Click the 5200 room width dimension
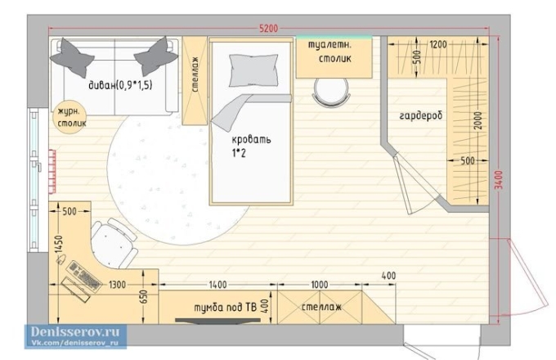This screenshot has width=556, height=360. (268, 28)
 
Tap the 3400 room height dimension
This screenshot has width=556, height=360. (499, 180)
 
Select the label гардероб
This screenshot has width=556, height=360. (421, 116)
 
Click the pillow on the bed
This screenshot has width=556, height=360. (253, 70)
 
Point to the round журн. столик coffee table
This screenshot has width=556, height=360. (71, 118)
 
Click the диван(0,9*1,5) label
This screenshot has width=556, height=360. (120, 85)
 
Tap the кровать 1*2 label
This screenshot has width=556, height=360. (251, 146)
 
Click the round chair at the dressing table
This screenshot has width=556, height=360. (331, 92)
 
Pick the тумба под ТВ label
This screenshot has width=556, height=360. (225, 307)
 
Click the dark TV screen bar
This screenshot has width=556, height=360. (217, 321)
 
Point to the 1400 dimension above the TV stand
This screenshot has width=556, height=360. (217, 285)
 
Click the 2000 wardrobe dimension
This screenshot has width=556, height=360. (478, 120)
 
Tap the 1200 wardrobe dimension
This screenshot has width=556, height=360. (438, 44)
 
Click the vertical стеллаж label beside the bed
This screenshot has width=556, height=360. (195, 74)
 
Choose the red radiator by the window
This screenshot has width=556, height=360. (52, 172)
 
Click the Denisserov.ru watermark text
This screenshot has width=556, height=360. (75, 332)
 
